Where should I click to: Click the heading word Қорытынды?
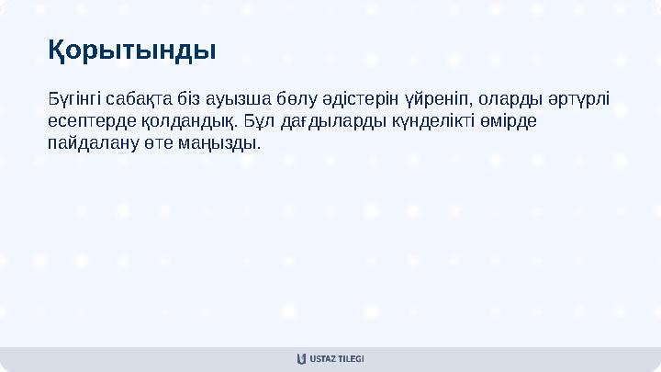pos(132,49)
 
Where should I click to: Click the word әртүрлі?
pos(584,98)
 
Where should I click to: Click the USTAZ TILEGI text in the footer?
pos(338,359)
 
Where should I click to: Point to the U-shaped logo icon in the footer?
pos(302,359)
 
